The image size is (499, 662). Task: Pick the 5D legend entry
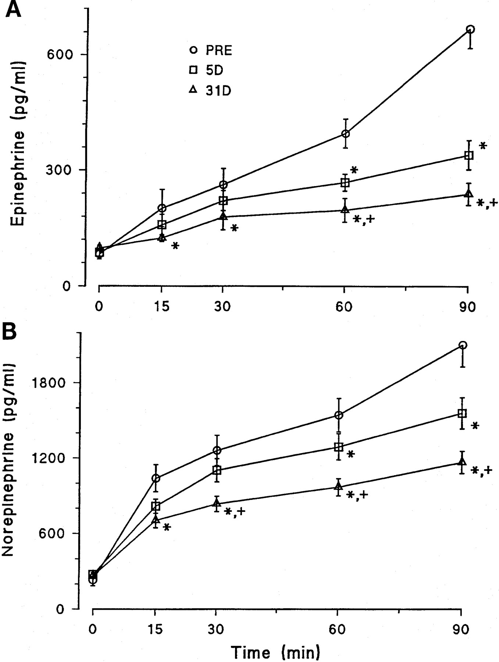click(x=206, y=70)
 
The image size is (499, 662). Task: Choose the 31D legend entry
click(x=210, y=90)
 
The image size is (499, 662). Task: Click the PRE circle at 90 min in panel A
click(x=470, y=29)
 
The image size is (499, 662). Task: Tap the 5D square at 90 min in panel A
click(x=468, y=155)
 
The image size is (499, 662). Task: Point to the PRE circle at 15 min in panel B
click(x=156, y=478)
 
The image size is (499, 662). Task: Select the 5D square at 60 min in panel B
click(x=338, y=447)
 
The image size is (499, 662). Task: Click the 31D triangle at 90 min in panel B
click(x=462, y=462)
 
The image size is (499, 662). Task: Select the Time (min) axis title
click(x=275, y=652)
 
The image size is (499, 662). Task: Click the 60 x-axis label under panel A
click(x=344, y=306)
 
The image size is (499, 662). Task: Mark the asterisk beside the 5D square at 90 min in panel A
click(x=483, y=146)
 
